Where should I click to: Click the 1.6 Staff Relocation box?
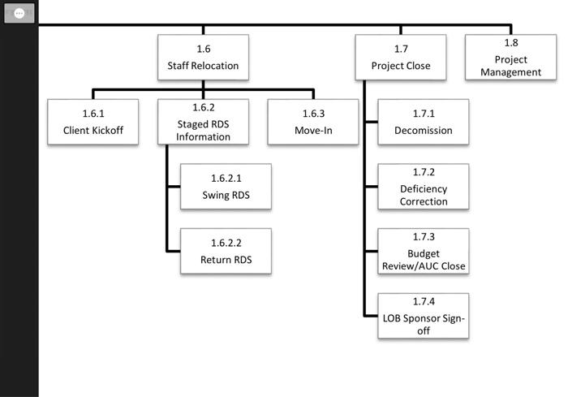(x=203, y=57)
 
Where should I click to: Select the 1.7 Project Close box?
(x=401, y=57)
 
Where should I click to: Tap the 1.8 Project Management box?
(x=510, y=57)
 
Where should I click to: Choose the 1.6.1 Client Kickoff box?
(x=93, y=122)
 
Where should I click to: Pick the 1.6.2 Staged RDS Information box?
(x=203, y=122)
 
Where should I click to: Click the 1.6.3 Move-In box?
(x=312, y=122)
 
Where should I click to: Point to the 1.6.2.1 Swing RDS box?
(x=226, y=187)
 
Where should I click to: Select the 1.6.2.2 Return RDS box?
(x=226, y=252)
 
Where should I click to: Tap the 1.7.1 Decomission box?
(x=423, y=122)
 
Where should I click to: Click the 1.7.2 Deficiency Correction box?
(x=423, y=187)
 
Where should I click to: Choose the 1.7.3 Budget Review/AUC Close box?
(x=423, y=252)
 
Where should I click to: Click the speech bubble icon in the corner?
(x=19, y=14)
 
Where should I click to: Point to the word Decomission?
(x=423, y=130)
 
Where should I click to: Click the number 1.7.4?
(x=423, y=301)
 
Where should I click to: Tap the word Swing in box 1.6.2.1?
(x=214, y=195)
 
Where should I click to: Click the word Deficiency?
(x=423, y=189)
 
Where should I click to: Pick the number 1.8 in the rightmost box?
(x=510, y=43)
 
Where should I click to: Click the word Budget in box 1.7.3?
(x=423, y=253)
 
